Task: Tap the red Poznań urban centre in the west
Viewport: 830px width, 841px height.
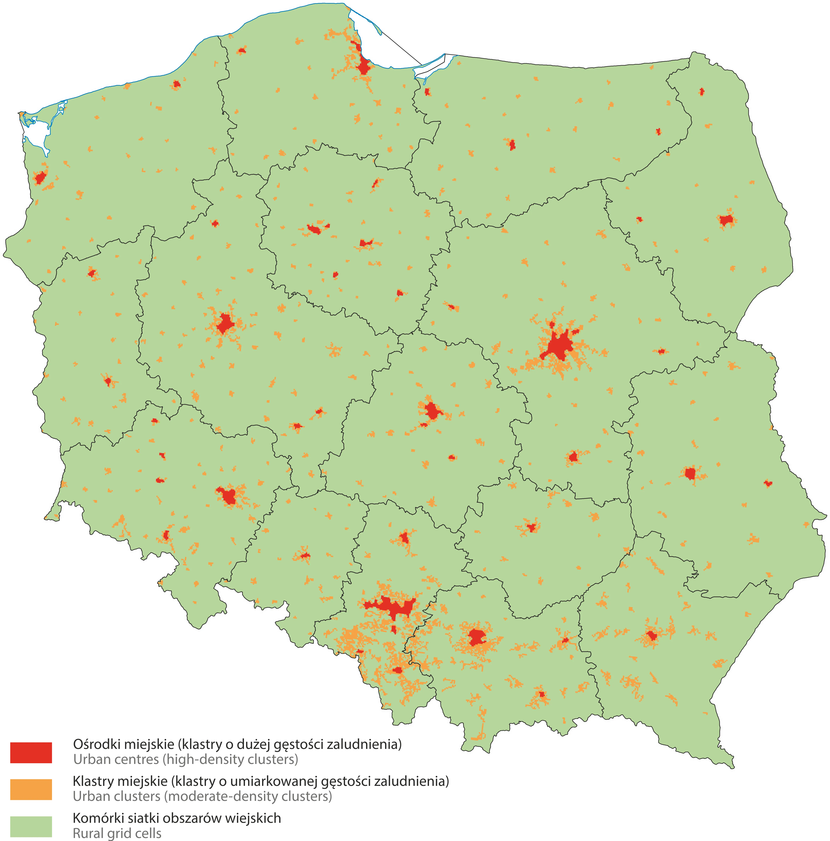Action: (x=226, y=323)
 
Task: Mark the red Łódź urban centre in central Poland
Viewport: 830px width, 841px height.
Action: (x=432, y=410)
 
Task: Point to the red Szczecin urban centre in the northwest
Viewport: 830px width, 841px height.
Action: (x=40, y=178)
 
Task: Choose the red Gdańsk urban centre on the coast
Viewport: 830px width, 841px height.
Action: (x=363, y=67)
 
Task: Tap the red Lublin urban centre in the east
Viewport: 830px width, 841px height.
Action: (x=690, y=473)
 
